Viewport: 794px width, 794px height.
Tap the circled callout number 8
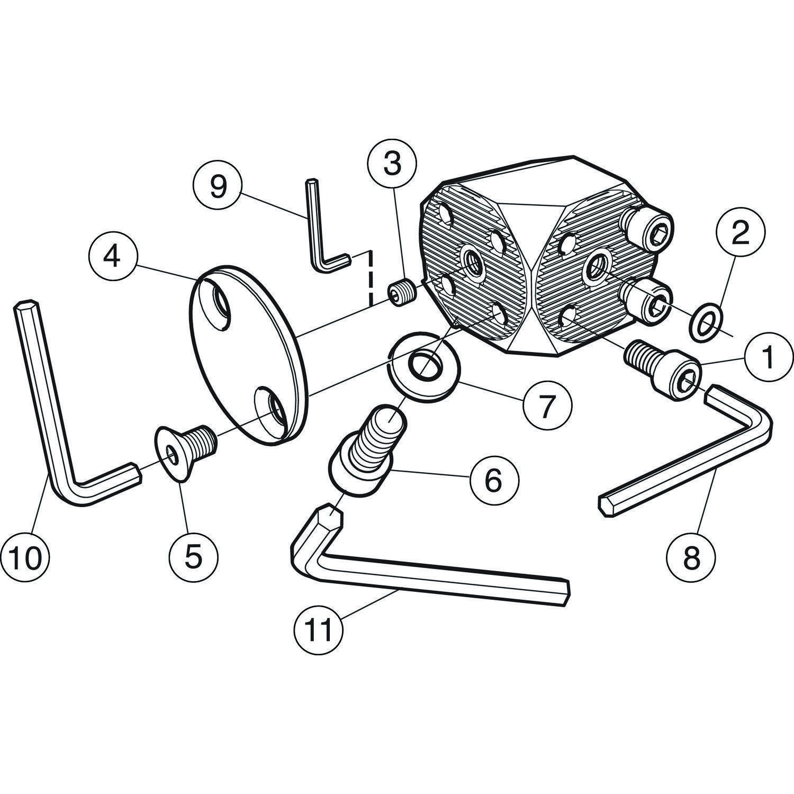coord(691,558)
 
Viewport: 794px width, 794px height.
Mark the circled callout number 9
coord(218,187)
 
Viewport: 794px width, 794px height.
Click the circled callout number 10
coord(25,558)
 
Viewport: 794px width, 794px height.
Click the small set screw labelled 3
coord(402,292)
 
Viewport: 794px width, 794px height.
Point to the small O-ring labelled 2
coord(703,321)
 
